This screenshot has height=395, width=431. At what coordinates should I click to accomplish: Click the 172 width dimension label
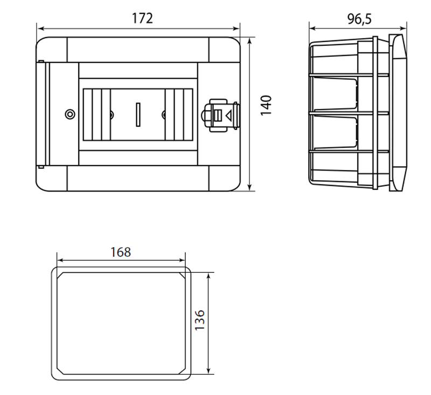pos(142,18)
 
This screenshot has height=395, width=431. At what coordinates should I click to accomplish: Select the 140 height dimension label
pos(266,105)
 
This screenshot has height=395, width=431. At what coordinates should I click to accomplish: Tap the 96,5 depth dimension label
pos(359,19)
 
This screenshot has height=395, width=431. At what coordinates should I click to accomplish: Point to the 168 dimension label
pos(121,252)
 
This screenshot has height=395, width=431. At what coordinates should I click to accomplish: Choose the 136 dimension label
pos(199,320)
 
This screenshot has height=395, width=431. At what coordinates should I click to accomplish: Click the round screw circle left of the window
pos(70,114)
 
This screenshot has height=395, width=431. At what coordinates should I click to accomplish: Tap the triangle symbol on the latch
pos(228,116)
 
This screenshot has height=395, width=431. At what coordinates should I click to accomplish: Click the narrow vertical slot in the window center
pos(138,114)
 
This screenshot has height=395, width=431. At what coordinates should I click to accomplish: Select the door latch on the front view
pos(221,115)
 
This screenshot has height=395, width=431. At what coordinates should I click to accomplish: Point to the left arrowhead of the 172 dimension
pos(40,29)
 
